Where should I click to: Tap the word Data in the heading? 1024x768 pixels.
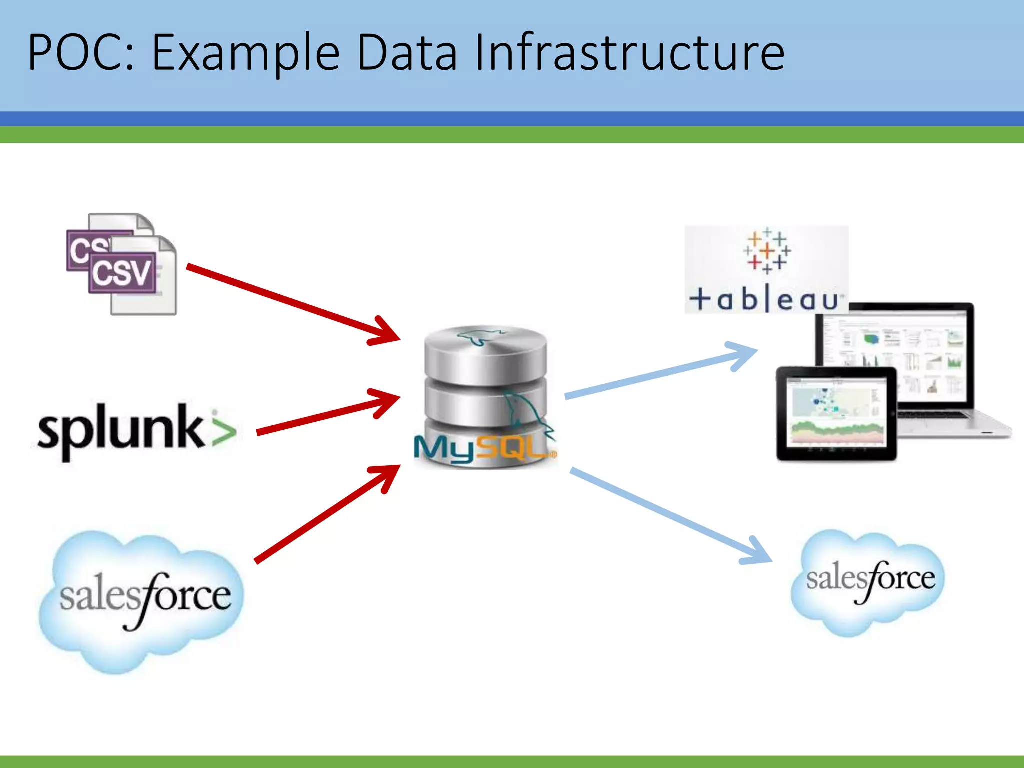point(407,52)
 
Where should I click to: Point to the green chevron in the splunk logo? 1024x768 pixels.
point(223,430)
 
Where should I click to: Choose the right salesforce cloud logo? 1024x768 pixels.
point(869,580)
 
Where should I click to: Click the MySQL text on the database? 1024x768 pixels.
point(482,447)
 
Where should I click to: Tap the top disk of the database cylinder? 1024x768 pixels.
point(485,350)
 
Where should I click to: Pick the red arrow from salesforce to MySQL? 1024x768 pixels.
point(325,515)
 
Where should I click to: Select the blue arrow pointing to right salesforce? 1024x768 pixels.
point(670,515)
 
